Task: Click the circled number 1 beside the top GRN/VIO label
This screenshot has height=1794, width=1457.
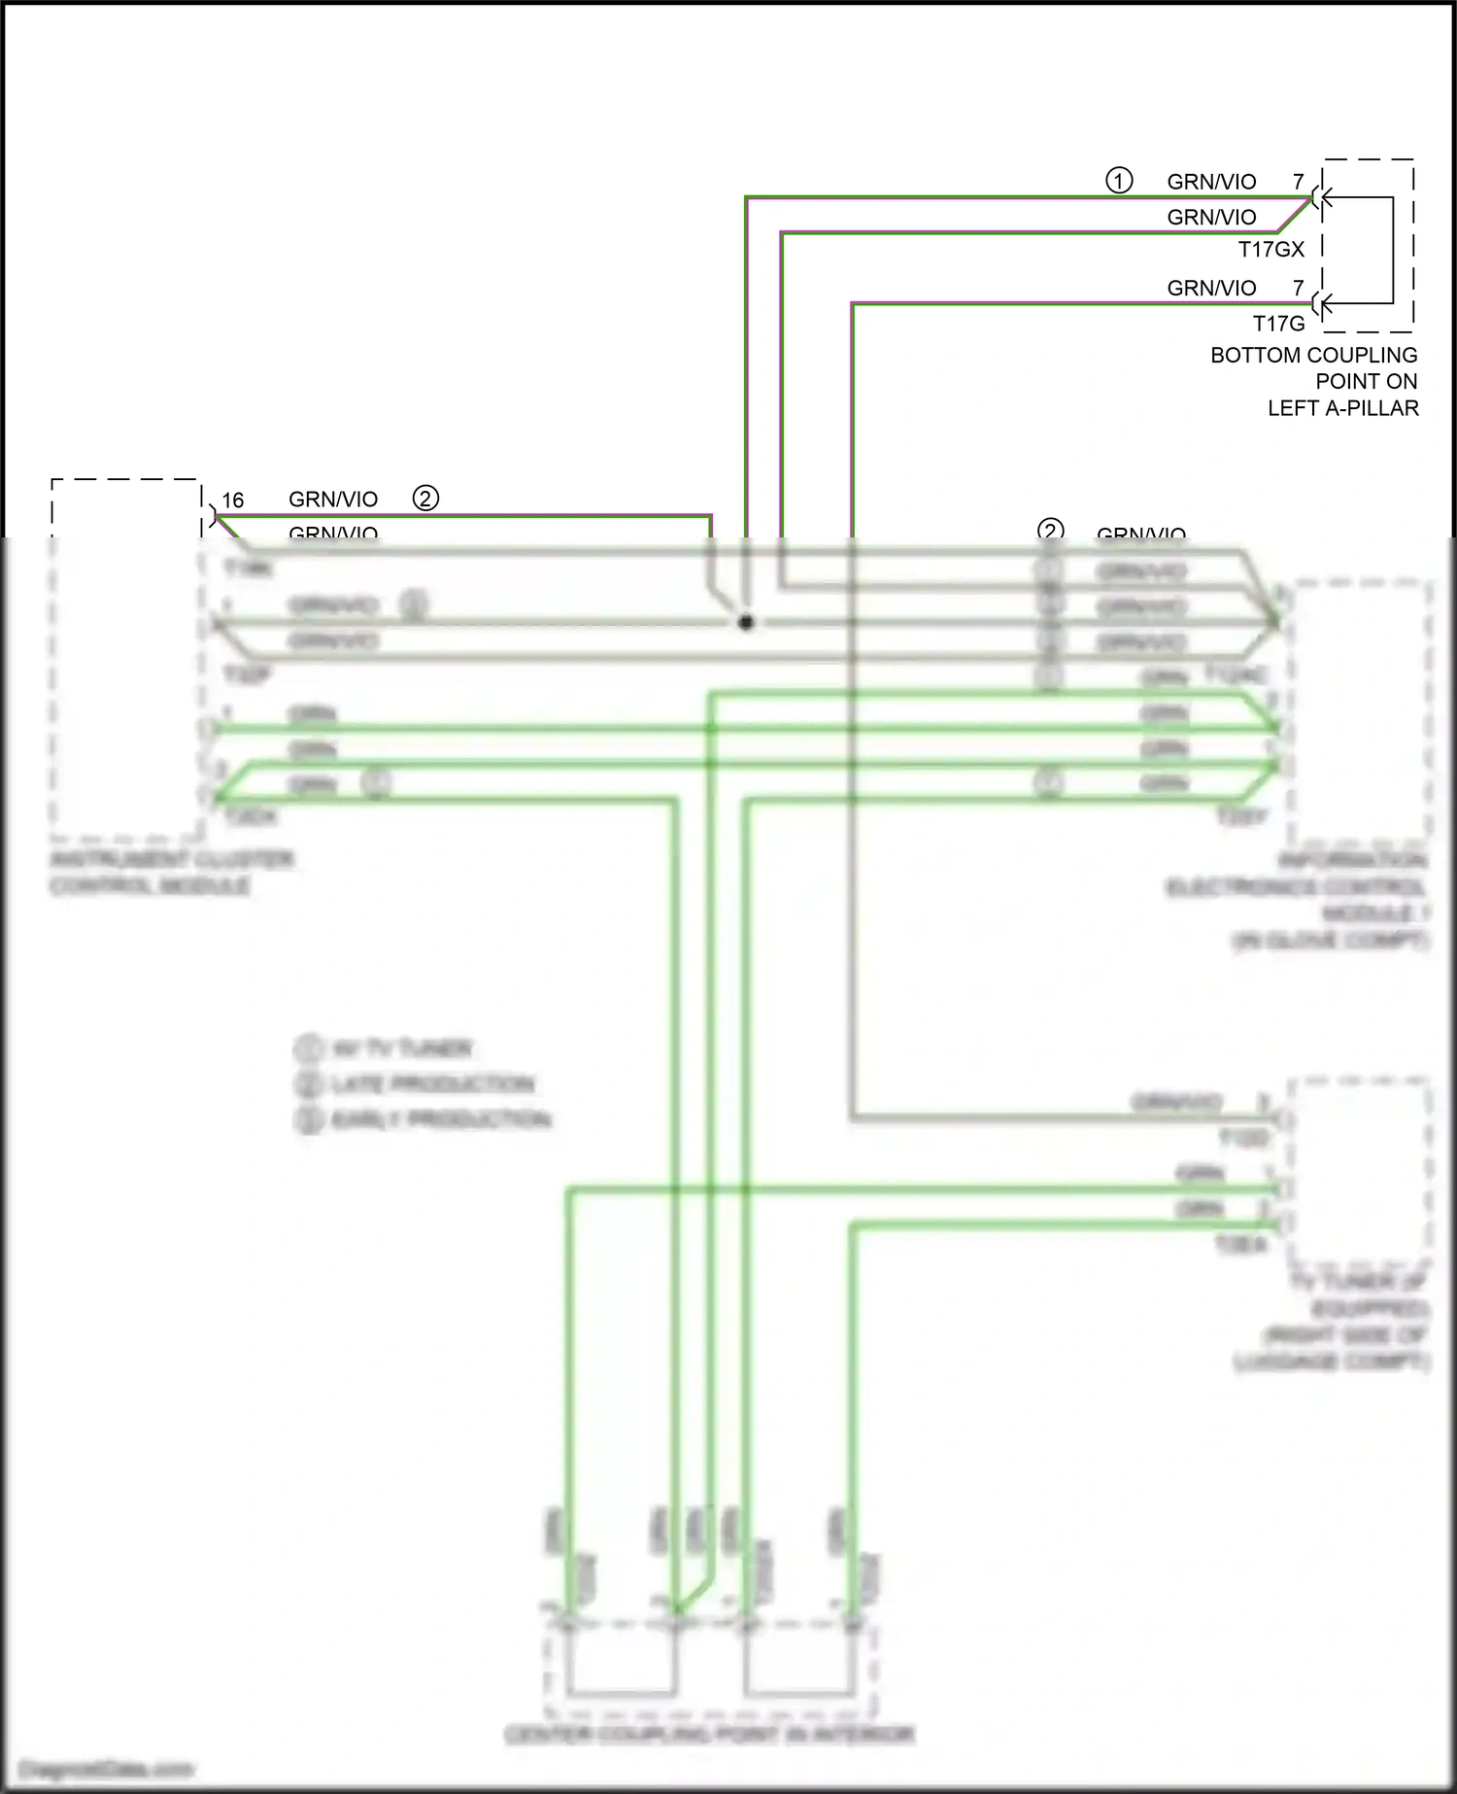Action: click(1119, 181)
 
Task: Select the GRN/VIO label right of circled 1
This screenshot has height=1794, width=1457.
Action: click(1211, 182)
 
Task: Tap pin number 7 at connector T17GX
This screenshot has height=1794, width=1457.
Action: click(1299, 182)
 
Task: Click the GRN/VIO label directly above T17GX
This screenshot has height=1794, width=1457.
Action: click(1211, 218)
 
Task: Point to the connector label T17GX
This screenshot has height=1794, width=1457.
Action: click(1271, 250)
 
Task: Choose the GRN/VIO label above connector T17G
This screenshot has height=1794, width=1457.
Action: click(1211, 289)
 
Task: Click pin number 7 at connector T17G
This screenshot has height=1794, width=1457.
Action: click(1299, 289)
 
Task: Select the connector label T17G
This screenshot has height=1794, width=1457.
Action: click(1278, 324)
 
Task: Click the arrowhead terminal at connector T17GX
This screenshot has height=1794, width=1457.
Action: click(1322, 198)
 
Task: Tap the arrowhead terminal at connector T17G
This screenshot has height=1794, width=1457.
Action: click(1322, 304)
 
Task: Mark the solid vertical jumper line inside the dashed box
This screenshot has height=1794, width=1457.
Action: click(1393, 251)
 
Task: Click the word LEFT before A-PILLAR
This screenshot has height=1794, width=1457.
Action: click(1293, 409)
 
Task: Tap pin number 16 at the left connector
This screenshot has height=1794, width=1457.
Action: click(233, 500)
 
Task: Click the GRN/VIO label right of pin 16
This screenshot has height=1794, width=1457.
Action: click(333, 500)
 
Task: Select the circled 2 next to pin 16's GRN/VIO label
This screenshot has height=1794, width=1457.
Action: click(425, 499)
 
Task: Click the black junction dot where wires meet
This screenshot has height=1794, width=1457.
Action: click(746, 622)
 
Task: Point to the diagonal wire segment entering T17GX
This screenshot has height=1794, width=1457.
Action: click(1295, 215)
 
